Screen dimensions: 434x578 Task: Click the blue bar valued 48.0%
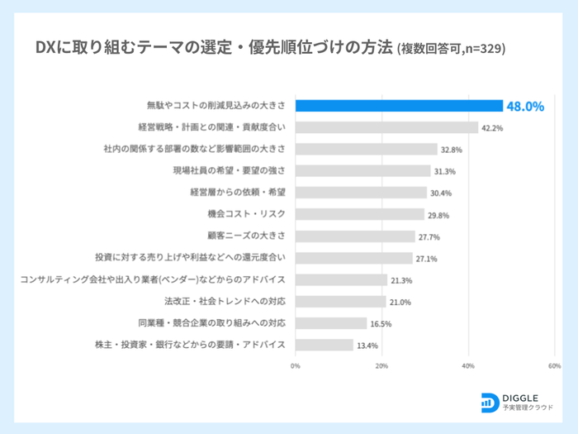click(399, 106)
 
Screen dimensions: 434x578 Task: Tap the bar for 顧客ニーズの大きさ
click(355, 236)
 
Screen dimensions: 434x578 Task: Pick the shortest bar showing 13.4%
click(324, 345)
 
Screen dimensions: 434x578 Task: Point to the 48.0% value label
click(525, 107)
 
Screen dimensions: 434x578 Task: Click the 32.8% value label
click(452, 150)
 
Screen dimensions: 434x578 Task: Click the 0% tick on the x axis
click(296, 365)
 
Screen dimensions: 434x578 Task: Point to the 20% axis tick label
click(381, 365)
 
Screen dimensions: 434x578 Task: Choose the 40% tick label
click(468, 365)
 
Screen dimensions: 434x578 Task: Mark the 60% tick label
click(555, 365)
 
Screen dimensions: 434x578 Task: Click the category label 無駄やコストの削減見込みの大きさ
click(216, 106)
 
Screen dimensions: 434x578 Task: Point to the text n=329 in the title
click(482, 49)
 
